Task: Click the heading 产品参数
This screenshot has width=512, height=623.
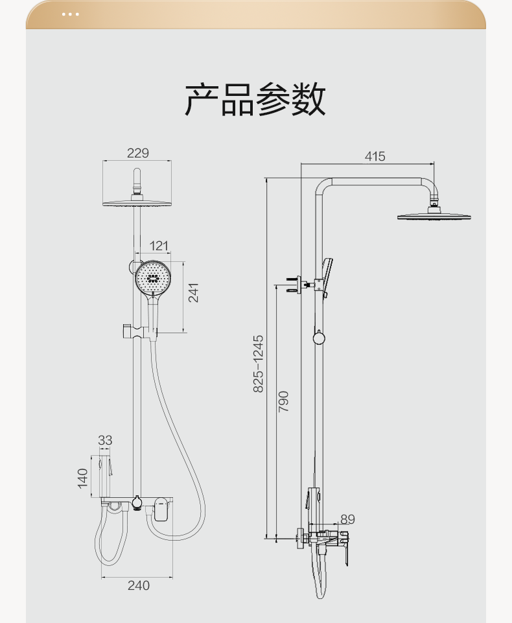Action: pos(255,99)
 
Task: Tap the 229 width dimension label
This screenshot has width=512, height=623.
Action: pos(138,153)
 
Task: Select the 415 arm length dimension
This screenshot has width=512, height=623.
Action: pos(375,156)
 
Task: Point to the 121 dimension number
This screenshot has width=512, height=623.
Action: pos(159,246)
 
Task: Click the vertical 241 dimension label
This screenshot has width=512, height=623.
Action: pos(193,293)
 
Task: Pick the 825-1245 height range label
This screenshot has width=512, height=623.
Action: pos(258,364)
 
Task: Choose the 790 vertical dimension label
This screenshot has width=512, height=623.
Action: pos(283,402)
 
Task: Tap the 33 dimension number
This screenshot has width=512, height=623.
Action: pos(105,440)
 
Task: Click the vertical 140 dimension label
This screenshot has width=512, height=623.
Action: pos(82,478)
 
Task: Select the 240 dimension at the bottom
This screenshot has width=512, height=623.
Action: pos(139,585)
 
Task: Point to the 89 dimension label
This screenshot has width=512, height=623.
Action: pos(347,519)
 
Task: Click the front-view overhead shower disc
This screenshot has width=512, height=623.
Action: pos(137,203)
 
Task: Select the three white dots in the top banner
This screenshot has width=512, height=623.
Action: pos(70,14)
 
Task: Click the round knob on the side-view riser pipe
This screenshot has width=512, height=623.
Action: pos(319,338)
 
